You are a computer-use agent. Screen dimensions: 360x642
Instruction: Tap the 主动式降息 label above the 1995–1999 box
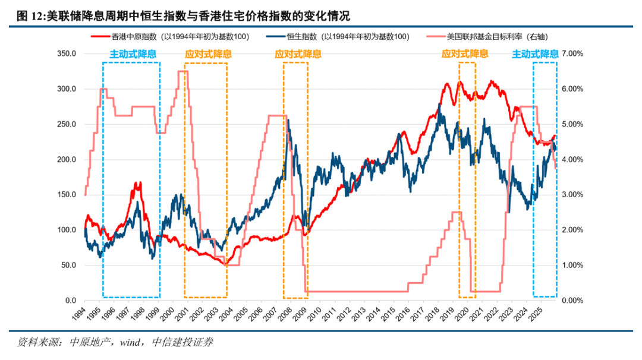133,54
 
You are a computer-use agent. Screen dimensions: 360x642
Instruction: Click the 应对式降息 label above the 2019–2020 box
465,54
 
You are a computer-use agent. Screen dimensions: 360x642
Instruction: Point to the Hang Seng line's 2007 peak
288,121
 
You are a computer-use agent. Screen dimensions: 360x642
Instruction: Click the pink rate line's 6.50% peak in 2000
183,71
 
